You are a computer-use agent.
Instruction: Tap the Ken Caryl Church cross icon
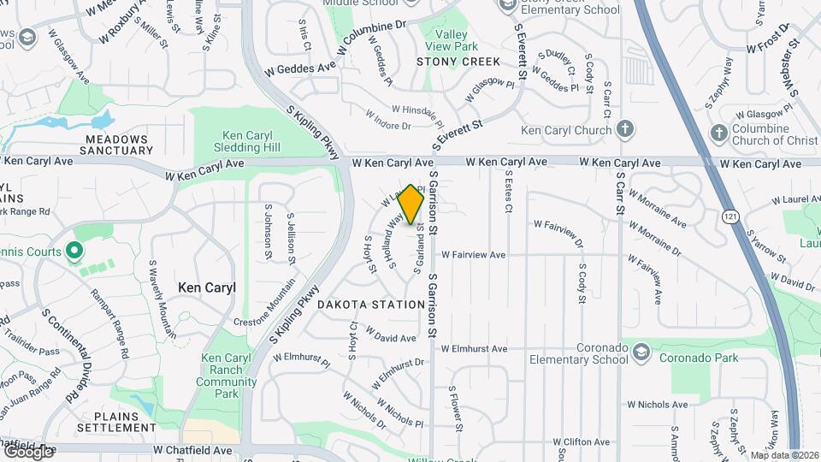[x=625, y=130]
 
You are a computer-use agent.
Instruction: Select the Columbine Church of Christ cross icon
[x=719, y=133]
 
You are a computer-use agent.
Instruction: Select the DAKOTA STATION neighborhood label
[x=371, y=305]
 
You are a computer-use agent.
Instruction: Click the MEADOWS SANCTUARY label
[x=116, y=144]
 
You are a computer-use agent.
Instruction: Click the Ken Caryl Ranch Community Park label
[x=226, y=376]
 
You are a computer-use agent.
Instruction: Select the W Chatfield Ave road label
[x=192, y=449]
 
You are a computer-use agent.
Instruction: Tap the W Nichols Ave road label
[x=656, y=405]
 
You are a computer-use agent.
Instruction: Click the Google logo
[x=27, y=451]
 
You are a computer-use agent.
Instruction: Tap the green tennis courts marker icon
[x=74, y=252]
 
